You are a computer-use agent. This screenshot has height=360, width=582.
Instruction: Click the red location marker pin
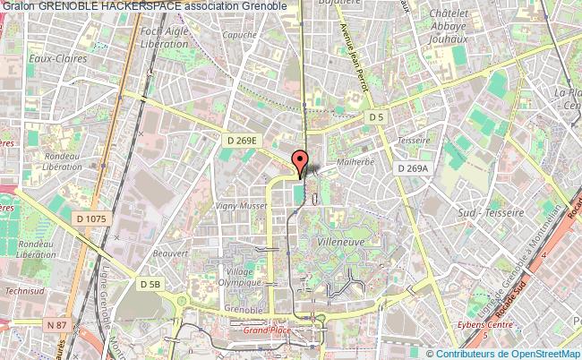301,161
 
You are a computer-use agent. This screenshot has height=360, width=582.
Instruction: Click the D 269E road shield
240,140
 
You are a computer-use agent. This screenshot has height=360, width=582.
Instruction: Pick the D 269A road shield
414,167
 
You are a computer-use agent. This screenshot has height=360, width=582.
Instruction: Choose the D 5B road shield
150,283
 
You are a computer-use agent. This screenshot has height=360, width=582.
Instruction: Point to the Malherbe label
354,162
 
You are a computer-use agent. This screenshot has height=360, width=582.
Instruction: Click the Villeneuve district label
340,242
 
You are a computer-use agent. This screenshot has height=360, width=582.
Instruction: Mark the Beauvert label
169,253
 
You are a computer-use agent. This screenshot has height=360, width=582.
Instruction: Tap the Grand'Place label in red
268,330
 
